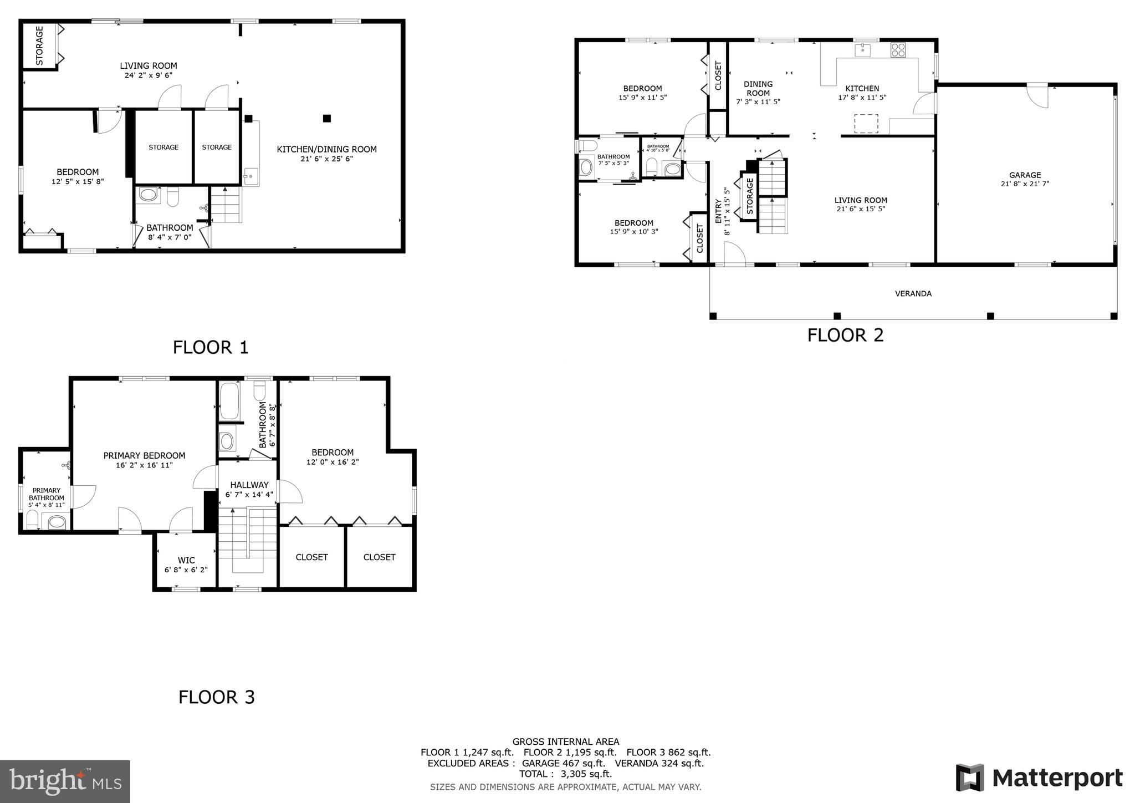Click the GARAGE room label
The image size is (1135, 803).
(1025, 175)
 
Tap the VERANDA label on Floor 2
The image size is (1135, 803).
(913, 293)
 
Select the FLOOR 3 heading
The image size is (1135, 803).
(216, 697)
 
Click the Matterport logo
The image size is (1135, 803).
(1039, 778)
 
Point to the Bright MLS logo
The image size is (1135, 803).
(65, 781)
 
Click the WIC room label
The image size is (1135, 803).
(186, 561)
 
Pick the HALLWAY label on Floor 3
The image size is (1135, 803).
(249, 485)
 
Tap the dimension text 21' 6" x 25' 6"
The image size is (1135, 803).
(326, 159)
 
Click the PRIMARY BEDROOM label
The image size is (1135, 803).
(144, 456)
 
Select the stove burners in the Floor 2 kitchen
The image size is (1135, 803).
(898, 50)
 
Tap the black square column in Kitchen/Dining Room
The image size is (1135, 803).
(327, 118)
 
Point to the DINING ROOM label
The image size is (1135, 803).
(758, 89)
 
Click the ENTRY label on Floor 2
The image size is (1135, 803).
(718, 211)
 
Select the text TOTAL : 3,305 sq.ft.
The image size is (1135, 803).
(565, 774)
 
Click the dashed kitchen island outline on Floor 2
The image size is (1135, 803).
(866, 124)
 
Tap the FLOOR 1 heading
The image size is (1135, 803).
(211, 348)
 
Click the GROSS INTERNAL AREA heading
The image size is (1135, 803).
(565, 741)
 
